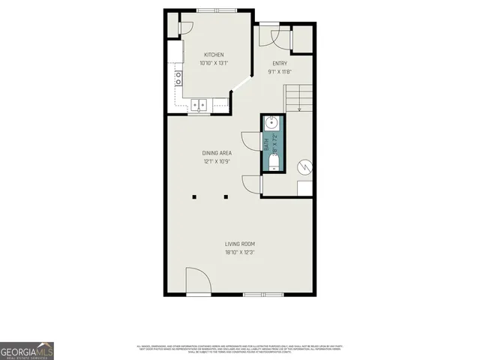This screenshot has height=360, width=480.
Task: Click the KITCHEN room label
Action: pyautogui.click(x=214, y=55)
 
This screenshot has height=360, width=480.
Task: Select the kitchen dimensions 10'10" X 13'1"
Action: pyautogui.click(x=214, y=64)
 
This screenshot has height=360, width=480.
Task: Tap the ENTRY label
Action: pyautogui.click(x=279, y=64)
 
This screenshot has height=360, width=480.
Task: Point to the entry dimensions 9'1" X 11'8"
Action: pyautogui.click(x=279, y=72)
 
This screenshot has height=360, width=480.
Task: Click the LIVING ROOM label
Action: pyautogui.click(x=240, y=244)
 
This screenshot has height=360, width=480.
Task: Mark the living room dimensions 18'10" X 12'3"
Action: pyautogui.click(x=240, y=253)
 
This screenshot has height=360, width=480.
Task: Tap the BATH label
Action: pyautogui.click(x=265, y=143)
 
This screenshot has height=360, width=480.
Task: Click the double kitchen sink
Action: pyautogui.click(x=199, y=105)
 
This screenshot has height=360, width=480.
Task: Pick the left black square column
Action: pyautogui.click(x=194, y=197)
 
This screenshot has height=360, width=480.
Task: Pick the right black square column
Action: pyautogui.click(x=226, y=197)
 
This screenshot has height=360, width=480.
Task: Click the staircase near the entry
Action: pyautogui.click(x=297, y=97)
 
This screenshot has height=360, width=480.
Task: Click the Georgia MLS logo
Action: pyautogui.click(x=27, y=350)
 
